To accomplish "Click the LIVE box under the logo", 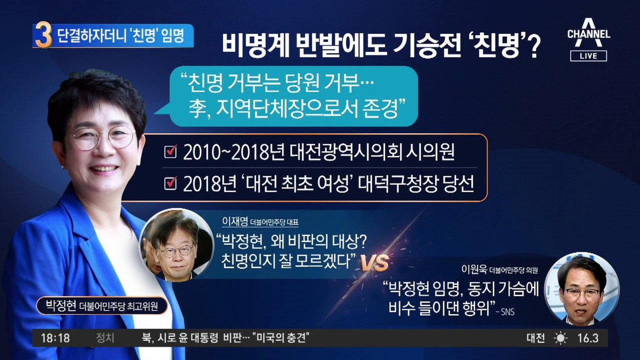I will [x=588, y=56].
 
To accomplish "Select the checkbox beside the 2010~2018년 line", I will [x=170, y=152].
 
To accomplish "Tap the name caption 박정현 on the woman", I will [x=60, y=305].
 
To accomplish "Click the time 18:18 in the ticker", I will [x=55, y=338].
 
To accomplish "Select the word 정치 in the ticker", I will [x=105, y=338].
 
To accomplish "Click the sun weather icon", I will [x=560, y=338].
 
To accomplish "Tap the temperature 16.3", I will [x=587, y=338].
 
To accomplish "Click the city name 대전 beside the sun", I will [x=535, y=338].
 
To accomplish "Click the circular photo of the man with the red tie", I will [x=581, y=287].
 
